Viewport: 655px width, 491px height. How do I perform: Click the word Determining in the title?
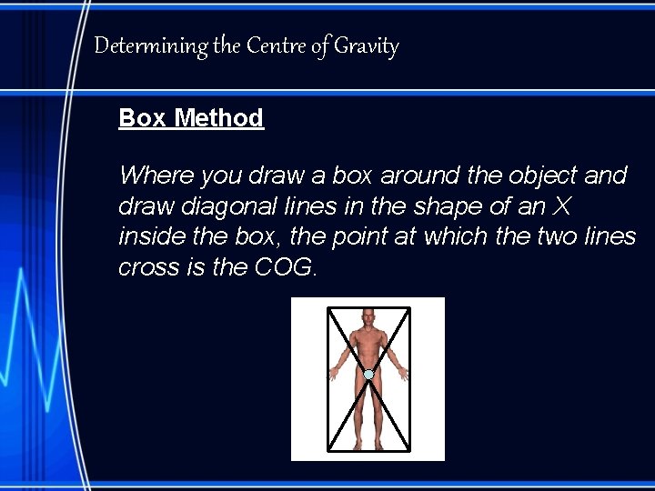click(150, 46)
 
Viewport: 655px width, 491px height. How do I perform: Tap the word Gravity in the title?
click(366, 46)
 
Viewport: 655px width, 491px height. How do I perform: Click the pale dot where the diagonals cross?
click(368, 374)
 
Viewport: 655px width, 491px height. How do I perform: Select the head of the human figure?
click(368, 319)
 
